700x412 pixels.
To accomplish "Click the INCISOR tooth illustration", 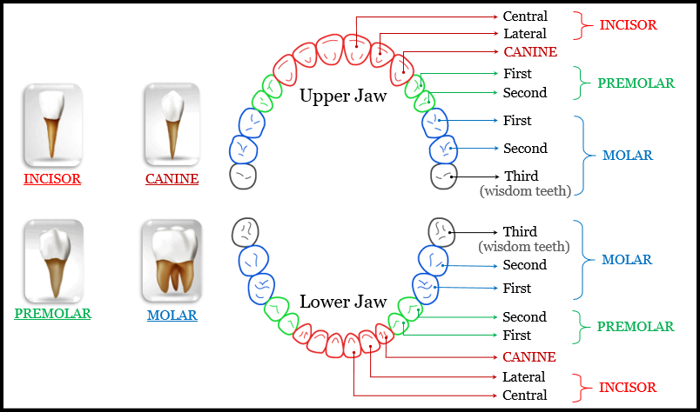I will point(52,125).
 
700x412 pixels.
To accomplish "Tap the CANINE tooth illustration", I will point(172,125).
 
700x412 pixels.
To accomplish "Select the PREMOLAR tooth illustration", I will point(53,259).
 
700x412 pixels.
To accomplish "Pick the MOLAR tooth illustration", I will point(172,259).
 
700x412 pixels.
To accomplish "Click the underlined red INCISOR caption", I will point(52,179).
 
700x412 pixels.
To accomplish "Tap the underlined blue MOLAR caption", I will point(172,315).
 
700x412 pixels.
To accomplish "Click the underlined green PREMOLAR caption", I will point(53,313).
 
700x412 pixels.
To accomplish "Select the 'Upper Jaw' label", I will point(343,96).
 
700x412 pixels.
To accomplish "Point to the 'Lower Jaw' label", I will point(343,302).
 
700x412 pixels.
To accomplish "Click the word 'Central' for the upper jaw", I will point(525,16).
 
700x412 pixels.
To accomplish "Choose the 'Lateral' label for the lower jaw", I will point(524,377).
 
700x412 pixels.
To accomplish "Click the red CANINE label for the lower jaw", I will point(528,357).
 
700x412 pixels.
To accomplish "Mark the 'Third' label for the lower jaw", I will point(520,232).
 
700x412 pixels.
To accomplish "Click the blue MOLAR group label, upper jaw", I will point(627,156).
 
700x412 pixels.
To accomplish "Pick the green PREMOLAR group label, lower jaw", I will point(635,327).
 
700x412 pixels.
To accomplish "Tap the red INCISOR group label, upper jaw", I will point(628,25).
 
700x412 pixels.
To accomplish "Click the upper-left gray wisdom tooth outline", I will point(244,176).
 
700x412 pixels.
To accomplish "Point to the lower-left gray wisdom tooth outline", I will point(245,231).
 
